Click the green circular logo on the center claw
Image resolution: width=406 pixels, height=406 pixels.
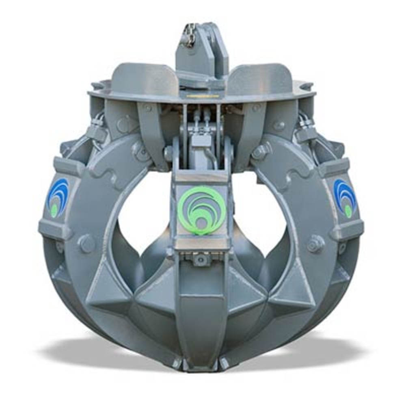pos(202,210)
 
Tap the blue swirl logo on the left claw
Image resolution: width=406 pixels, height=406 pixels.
pos(58,198)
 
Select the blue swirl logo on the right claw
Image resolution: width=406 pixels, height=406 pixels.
pos(345,198)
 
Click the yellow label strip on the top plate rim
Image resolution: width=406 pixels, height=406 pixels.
pos(203,96)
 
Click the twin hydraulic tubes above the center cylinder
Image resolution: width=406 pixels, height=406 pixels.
pos(202,118)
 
